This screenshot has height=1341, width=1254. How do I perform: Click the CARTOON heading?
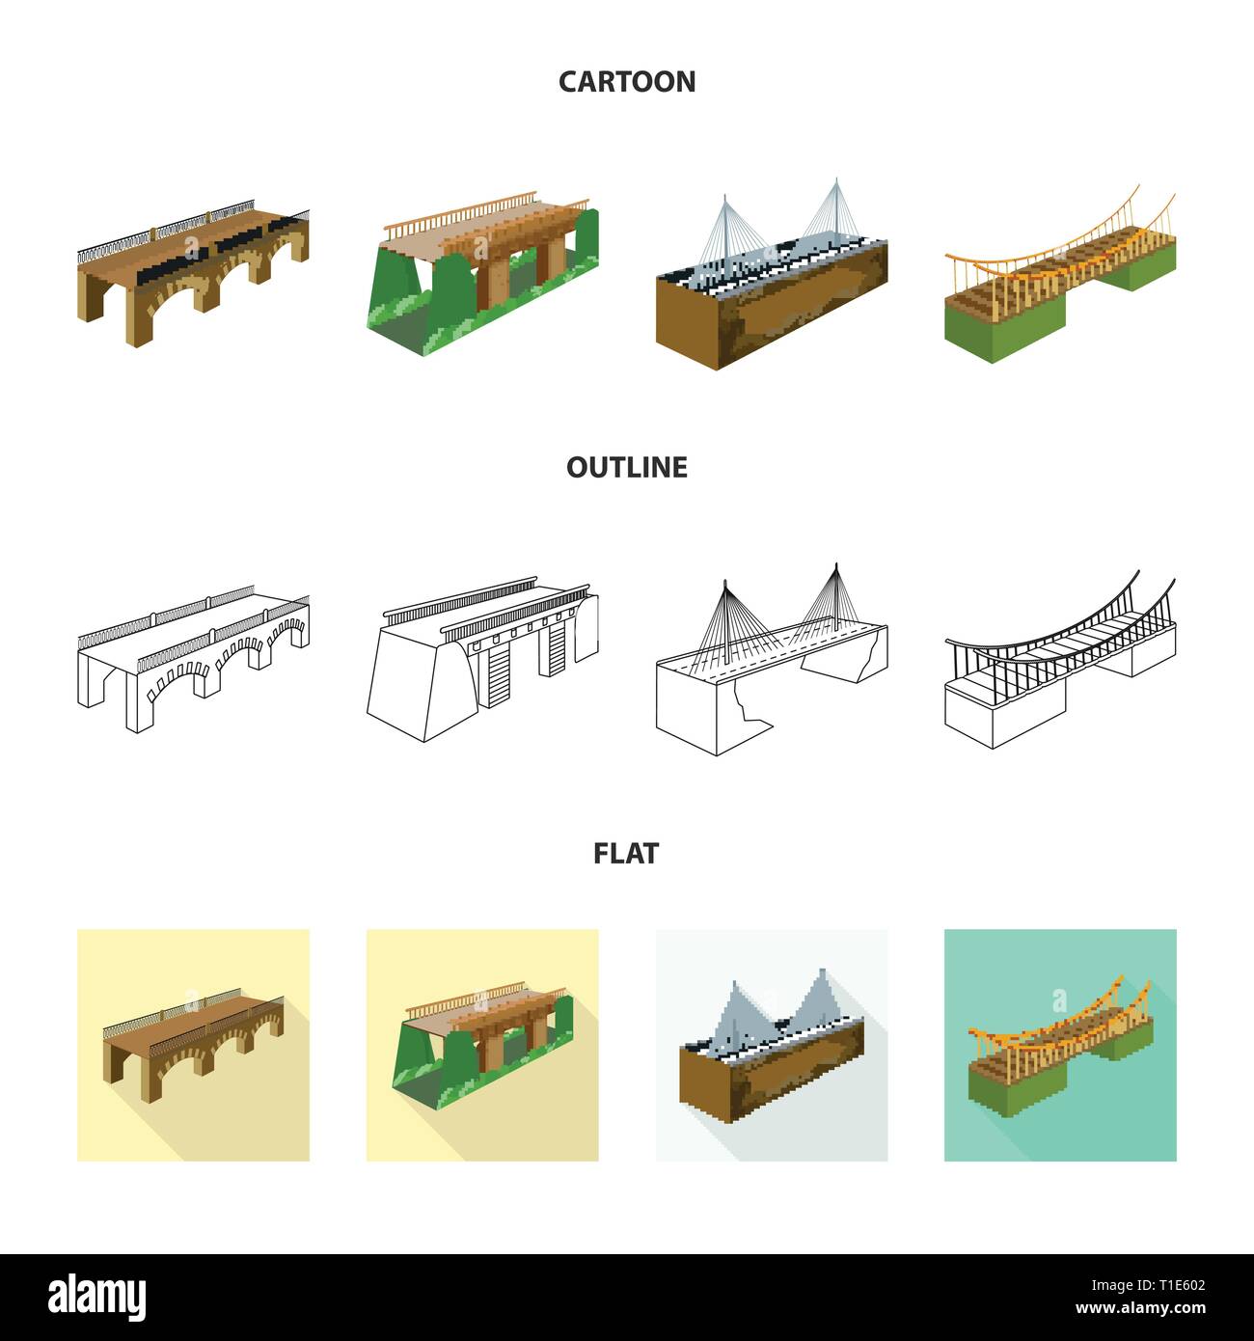tap(627, 81)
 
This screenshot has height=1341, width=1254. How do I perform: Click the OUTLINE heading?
tap(627, 467)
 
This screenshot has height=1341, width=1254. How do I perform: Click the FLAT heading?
tap(627, 853)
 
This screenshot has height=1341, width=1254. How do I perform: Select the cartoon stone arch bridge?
tap(193, 270)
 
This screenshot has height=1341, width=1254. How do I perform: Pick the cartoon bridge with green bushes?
tap(482, 265)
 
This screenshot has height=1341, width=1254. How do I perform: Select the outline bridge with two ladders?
tap(482, 656)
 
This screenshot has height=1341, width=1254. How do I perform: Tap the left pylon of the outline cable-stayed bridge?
tap(724, 617)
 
